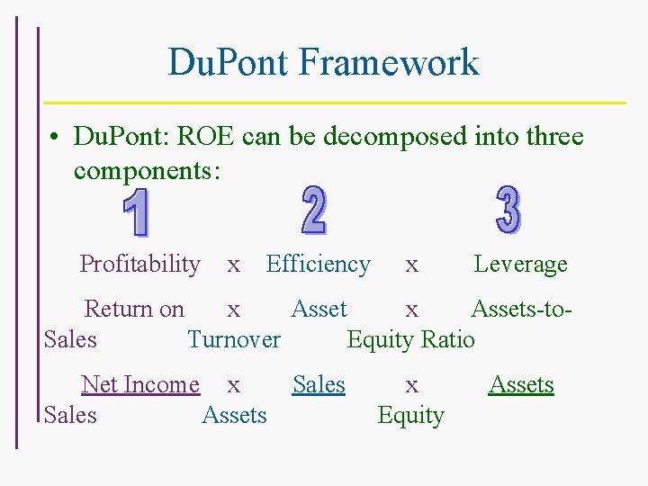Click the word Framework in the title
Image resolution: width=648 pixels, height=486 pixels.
[389, 63]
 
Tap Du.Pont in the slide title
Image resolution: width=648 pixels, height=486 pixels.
[229, 63]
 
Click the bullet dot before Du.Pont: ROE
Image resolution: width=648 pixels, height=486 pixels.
[55, 138]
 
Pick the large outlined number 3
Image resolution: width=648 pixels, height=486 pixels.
[508, 210]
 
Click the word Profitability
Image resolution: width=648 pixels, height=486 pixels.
[139, 265]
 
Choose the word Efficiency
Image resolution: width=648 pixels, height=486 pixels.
[318, 265]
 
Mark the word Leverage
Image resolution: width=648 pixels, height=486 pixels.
[520, 265]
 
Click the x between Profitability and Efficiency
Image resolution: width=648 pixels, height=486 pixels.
[233, 265]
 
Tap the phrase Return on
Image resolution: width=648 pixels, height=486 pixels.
[133, 310]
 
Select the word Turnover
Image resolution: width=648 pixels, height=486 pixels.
[234, 340]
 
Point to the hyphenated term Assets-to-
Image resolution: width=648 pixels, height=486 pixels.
[521, 310]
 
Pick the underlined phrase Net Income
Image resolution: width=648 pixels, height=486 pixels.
[140, 385]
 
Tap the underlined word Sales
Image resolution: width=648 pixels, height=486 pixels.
[319, 385]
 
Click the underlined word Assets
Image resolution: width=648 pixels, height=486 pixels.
[521, 385]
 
